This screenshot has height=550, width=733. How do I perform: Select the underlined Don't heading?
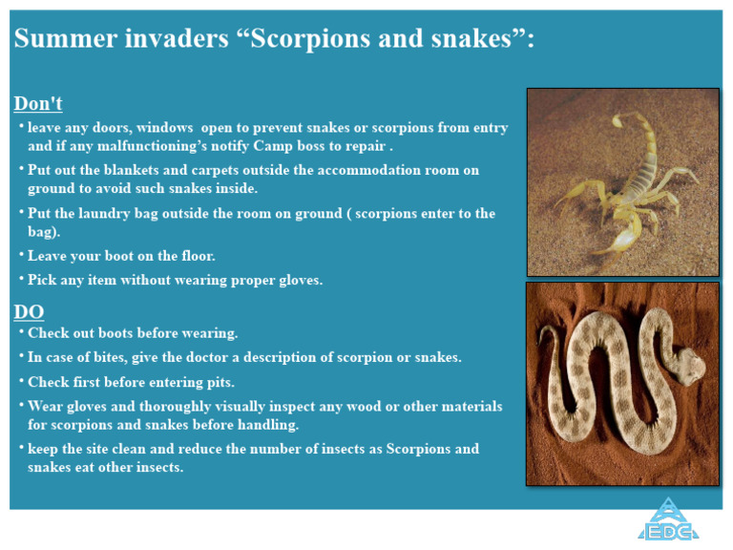coord(38,103)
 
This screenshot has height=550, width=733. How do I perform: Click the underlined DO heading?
coord(29,312)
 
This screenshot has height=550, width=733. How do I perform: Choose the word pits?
coord(219,382)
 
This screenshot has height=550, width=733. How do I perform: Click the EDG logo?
coord(669,521)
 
